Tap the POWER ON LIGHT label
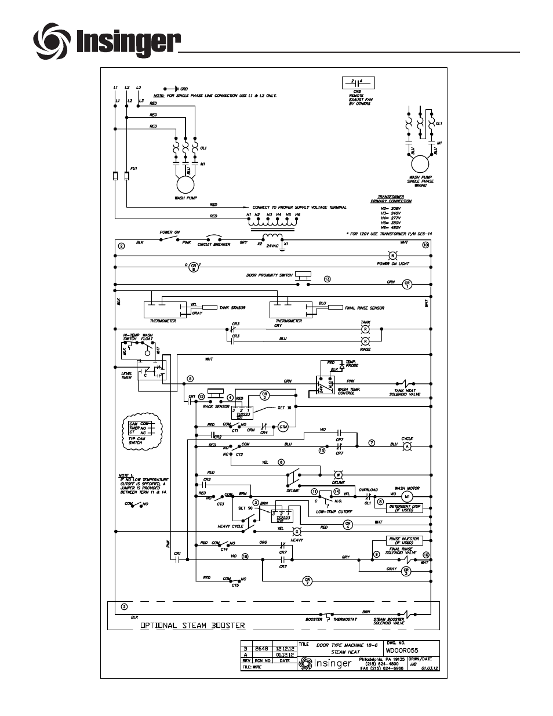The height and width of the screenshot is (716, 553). tap(392, 263)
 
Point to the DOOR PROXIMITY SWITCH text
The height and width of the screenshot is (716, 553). tap(269, 275)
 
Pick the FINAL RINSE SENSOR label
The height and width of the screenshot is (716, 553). tap(364, 308)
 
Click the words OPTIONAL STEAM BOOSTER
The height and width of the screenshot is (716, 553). tap(192, 626)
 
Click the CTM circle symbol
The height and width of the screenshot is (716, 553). tap(283, 427)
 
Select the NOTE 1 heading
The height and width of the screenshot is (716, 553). tap(126, 476)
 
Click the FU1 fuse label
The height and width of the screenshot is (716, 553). tap(134, 168)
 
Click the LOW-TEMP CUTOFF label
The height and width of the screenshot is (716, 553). tap(334, 512)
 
